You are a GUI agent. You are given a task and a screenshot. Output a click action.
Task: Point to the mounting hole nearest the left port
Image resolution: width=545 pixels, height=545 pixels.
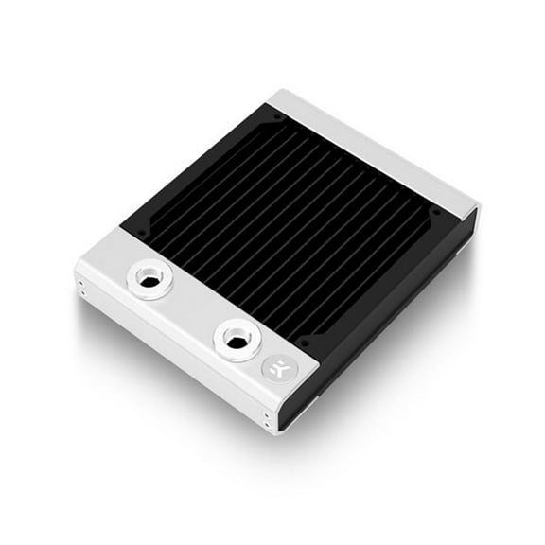pyautogui.click(x=141, y=232)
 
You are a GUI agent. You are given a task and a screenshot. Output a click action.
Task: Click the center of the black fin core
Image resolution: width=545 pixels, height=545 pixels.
pyautogui.click(x=284, y=227)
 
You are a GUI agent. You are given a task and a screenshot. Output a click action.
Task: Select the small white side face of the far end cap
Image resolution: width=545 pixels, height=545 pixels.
pyautogui.click(x=469, y=227)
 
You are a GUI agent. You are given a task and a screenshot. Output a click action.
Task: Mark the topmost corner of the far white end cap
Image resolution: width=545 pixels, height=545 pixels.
pyautogui.click(x=283, y=91)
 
